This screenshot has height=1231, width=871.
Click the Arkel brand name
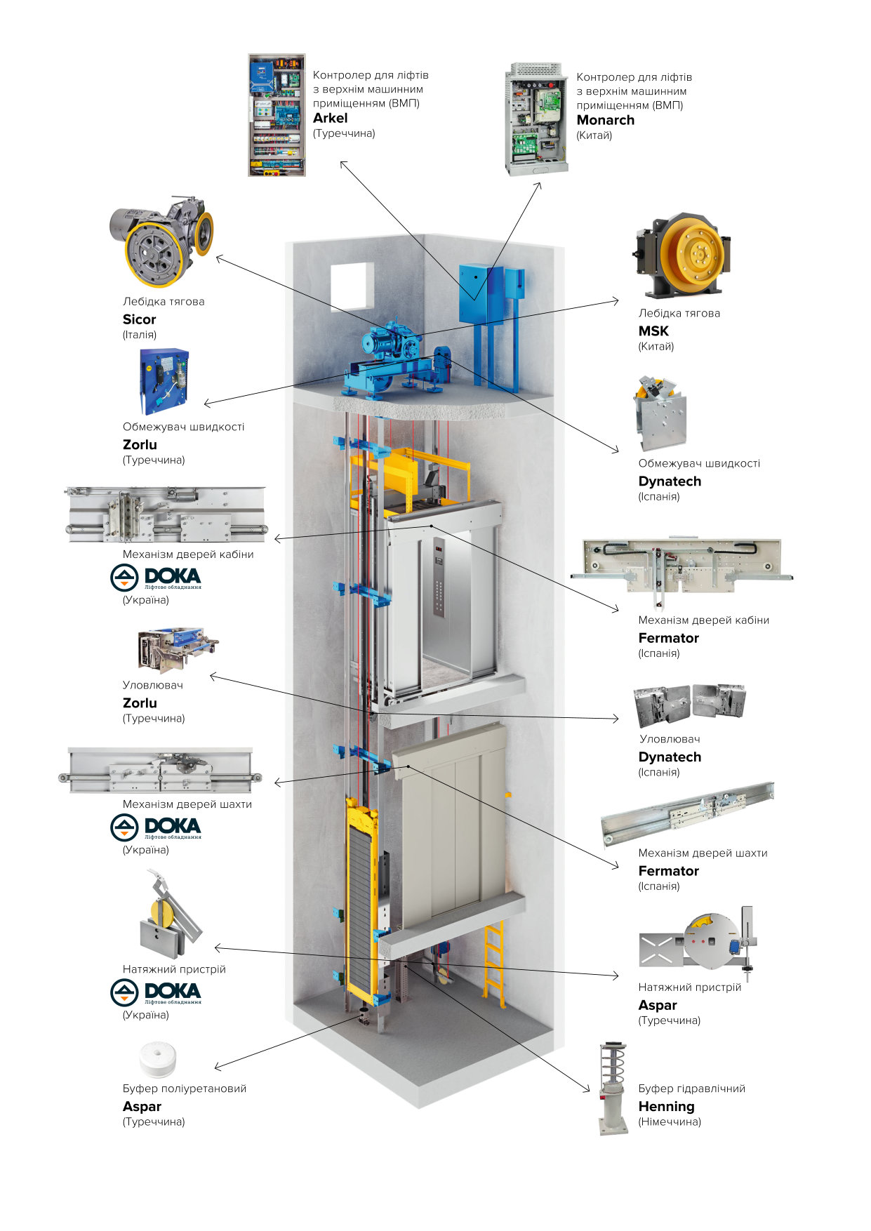[330, 118]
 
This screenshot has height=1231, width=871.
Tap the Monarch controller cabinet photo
[536, 119]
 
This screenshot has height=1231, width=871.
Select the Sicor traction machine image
[161, 240]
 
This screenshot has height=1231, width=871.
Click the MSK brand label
[653, 331]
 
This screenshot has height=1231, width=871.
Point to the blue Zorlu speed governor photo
[164, 381]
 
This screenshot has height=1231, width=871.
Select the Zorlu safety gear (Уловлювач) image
[178, 650]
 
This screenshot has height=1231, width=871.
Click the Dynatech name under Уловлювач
[670, 757]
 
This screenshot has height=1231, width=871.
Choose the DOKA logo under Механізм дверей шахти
[156, 827]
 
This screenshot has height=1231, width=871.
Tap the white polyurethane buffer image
[158, 1060]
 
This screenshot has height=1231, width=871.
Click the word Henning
[666, 1106]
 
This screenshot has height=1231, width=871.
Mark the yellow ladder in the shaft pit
[493, 962]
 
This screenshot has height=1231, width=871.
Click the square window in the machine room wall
[352, 286]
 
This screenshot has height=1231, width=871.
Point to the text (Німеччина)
[670, 1122]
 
